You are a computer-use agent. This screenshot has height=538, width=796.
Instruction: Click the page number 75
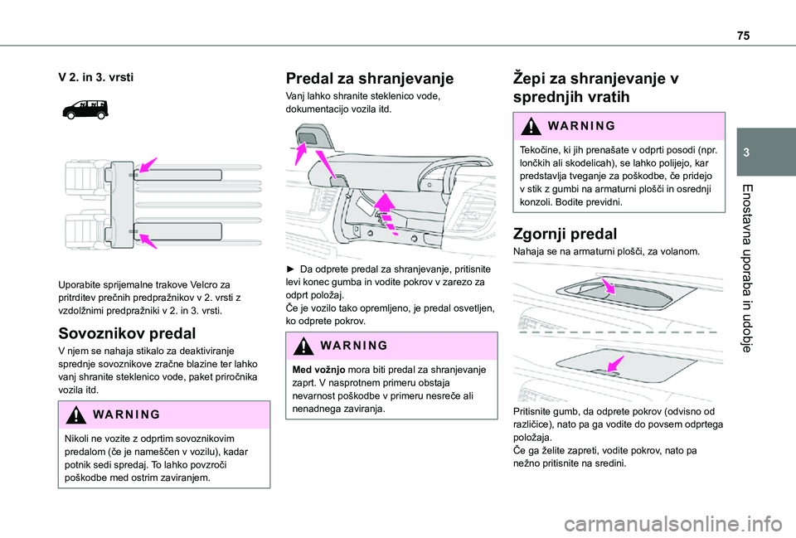743,36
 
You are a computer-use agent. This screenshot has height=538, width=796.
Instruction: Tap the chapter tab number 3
746,153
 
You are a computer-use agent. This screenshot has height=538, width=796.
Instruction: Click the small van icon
85,109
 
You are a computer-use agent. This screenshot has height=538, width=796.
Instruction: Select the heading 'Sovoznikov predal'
127,333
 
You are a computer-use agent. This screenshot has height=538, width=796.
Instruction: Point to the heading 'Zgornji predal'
565,234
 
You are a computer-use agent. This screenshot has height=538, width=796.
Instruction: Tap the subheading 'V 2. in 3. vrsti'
96,77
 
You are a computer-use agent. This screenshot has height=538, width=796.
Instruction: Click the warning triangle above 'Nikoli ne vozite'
75,414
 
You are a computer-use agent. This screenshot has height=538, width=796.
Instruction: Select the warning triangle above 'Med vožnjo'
303,346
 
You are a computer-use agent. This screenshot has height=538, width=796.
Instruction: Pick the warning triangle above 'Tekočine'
531,126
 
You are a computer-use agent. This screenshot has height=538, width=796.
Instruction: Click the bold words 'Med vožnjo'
318,370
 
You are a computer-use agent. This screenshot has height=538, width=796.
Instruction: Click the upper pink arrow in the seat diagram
148,166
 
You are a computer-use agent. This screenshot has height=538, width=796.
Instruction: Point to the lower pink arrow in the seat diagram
148,240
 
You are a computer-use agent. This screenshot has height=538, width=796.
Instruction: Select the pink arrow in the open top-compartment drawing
608,285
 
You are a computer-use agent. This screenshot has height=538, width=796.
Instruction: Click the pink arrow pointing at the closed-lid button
616,364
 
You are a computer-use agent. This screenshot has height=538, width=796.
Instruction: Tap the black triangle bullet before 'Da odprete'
290,269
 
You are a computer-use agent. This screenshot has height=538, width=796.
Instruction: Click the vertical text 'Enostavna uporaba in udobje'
746,268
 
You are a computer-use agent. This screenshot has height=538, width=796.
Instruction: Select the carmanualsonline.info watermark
672,524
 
